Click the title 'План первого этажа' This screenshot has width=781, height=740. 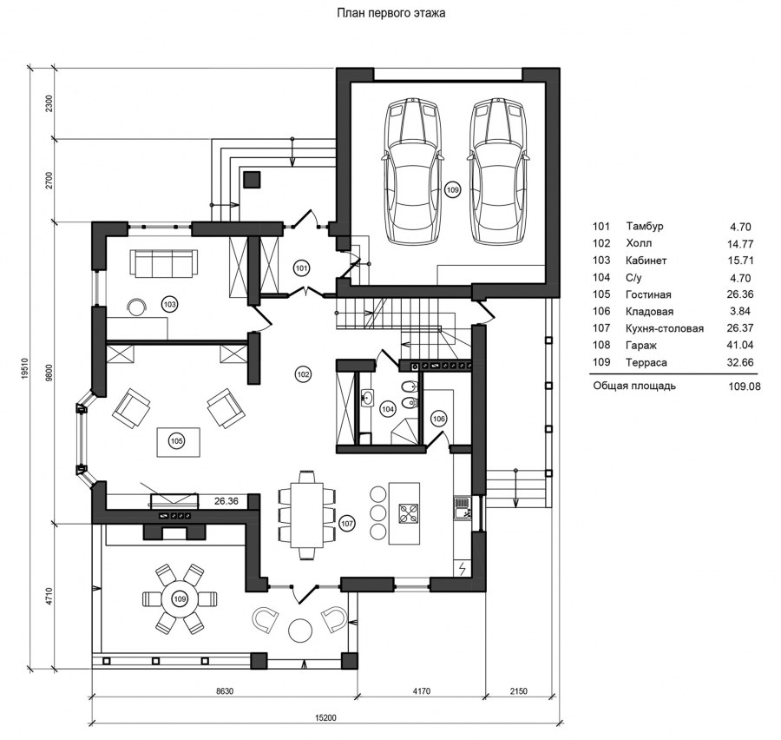[x=391, y=13]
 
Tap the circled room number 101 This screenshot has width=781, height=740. [x=301, y=268]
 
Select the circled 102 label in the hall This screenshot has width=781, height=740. [x=304, y=374]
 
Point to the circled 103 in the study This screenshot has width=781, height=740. [x=170, y=304]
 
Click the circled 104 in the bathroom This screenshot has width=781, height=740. [x=388, y=409]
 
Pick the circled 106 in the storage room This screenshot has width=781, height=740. [x=439, y=419]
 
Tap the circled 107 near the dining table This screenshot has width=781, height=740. [x=346, y=523]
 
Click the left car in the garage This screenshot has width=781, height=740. [x=412, y=171]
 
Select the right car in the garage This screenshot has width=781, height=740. [x=498, y=171]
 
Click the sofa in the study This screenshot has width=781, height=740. [x=163, y=263]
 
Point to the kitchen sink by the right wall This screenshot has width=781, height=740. [x=462, y=509]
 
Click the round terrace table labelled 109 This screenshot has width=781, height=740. [x=180, y=599]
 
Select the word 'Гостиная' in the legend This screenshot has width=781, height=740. [x=648, y=294]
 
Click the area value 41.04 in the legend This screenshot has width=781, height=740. [x=740, y=345]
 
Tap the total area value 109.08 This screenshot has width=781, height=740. [x=744, y=386]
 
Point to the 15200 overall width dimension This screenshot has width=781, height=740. [x=325, y=718]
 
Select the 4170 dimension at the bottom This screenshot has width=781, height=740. [x=422, y=691]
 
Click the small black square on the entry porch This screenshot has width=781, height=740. [x=252, y=180]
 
